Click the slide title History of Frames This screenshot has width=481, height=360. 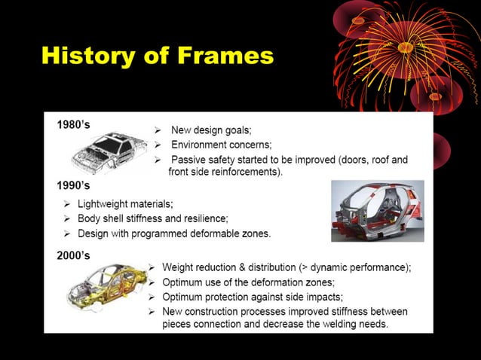click(x=157, y=55)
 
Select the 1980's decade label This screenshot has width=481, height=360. click(x=74, y=124)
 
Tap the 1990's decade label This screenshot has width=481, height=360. click(x=74, y=185)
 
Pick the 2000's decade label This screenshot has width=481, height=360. click(x=74, y=255)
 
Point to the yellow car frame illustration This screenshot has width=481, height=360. click(x=102, y=289)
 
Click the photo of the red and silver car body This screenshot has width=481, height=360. click(x=377, y=211)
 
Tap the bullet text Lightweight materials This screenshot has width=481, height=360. click(x=125, y=203)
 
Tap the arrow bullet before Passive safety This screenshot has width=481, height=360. click(x=158, y=160)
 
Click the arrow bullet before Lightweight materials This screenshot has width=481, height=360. click(x=67, y=204)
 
